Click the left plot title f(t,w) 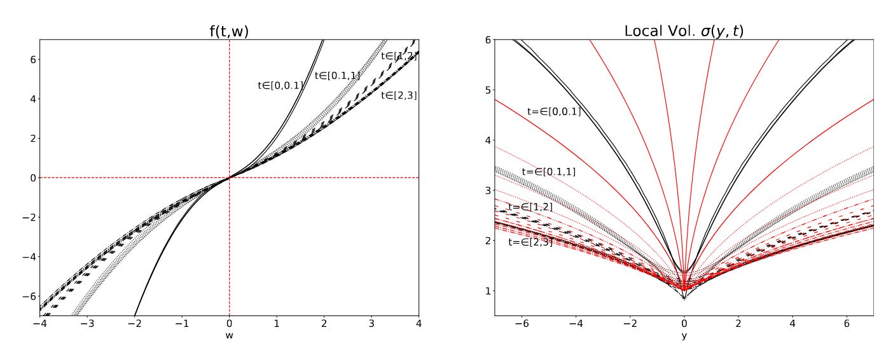tap(229, 30)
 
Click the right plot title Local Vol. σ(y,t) tap(684, 30)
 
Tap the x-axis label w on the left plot tap(229, 336)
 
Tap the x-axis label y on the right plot tap(684, 336)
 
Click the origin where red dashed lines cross tap(229, 177)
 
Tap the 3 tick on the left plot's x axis tap(371, 324)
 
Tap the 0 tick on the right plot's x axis tap(684, 324)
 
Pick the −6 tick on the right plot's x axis tap(520, 324)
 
